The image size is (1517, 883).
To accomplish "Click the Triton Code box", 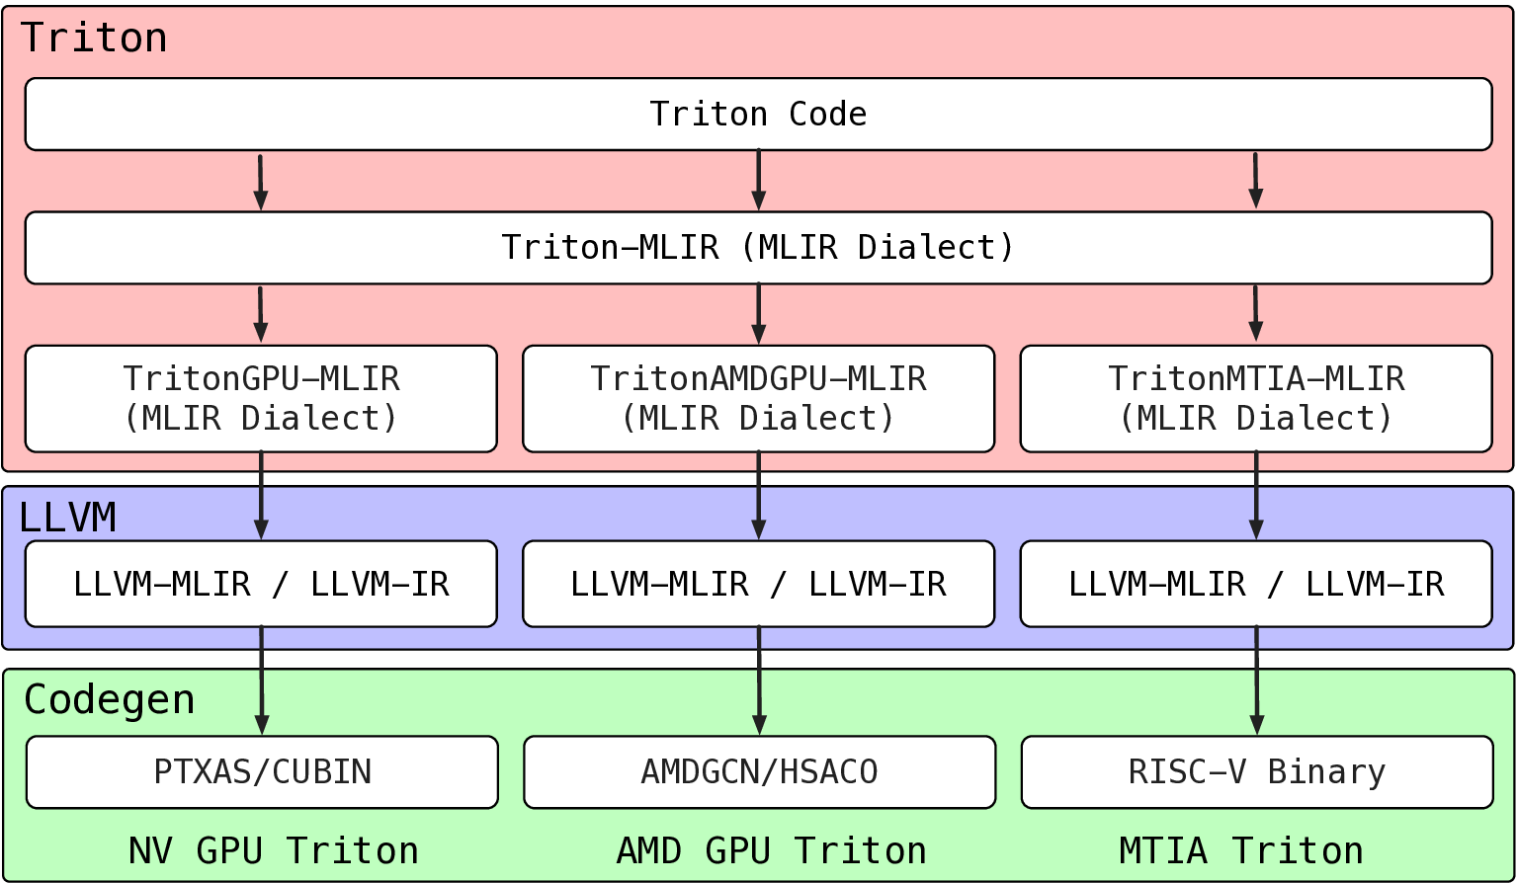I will click(758, 115).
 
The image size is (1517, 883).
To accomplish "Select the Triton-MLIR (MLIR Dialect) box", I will click(758, 248).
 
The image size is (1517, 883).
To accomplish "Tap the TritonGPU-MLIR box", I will click(261, 399).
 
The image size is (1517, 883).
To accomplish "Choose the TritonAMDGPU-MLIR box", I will click(758, 399).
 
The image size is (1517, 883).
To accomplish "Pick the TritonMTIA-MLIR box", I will click(1255, 399).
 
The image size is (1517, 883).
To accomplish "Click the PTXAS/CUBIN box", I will click(262, 772).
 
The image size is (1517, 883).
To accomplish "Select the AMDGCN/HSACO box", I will click(759, 772).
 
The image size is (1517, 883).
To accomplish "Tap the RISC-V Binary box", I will click(1256, 772).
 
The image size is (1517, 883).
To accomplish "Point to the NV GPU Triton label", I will click(274, 850).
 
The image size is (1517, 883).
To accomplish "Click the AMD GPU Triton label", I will click(771, 850).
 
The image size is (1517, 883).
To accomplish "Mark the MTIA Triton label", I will click(1241, 850).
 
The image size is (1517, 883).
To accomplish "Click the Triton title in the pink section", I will click(94, 39).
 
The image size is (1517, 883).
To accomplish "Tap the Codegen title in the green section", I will click(109, 700).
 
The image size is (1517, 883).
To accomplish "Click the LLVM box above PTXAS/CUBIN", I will click(261, 584).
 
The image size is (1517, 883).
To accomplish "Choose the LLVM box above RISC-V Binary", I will click(1255, 584).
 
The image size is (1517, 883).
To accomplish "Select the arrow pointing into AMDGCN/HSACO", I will click(759, 682).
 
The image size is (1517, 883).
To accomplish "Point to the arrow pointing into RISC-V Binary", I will click(1256, 682).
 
